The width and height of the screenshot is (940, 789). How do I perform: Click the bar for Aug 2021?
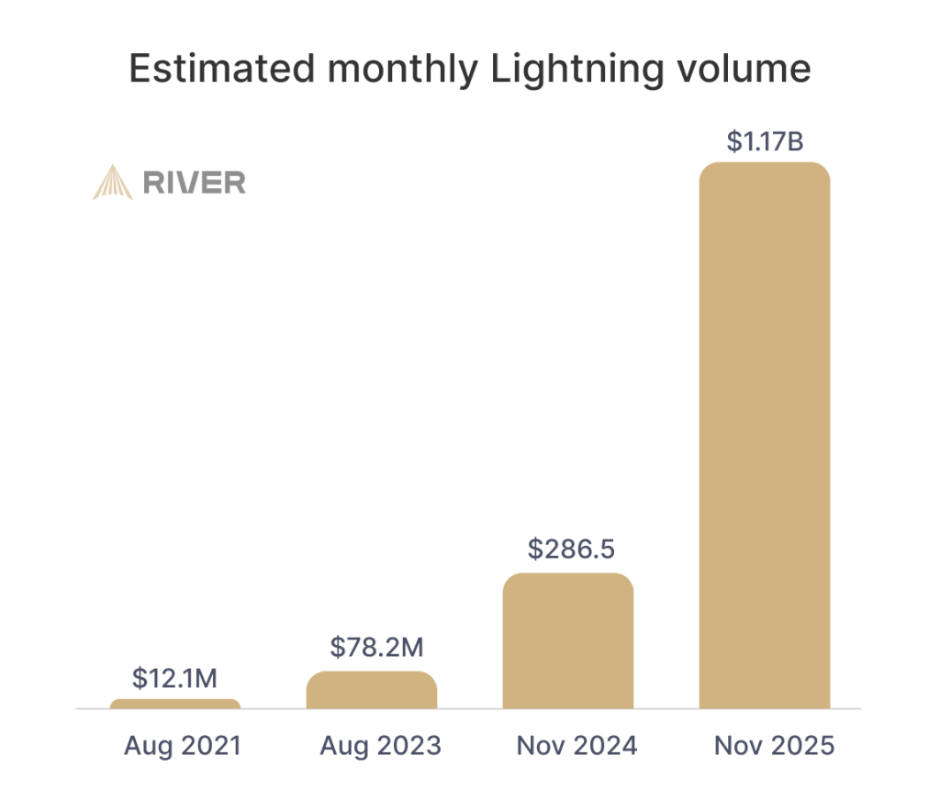[175, 704]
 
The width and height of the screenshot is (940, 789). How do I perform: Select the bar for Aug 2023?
[372, 690]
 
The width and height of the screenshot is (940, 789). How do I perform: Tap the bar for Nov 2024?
[568, 641]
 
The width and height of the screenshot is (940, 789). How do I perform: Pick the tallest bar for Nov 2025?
[765, 436]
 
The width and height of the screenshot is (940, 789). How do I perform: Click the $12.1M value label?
[174, 678]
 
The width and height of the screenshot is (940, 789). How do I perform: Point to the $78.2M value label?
[376, 647]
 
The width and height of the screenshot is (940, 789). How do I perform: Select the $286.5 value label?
[571, 549]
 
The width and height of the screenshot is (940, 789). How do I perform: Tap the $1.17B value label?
[765, 141]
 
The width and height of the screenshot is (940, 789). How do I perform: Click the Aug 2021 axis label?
[183, 747]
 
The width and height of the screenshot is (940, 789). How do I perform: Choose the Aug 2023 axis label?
[381, 747]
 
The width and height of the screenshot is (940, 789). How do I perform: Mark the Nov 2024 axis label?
[576, 746]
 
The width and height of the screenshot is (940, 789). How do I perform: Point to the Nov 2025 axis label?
[774, 746]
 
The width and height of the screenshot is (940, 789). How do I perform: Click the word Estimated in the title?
[222, 68]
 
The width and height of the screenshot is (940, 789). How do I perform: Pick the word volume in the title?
[744, 68]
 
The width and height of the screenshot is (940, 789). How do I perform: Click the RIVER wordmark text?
[195, 183]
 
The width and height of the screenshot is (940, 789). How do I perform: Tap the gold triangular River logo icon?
[112, 183]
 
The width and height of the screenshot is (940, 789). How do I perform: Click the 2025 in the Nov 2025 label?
[802, 746]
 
